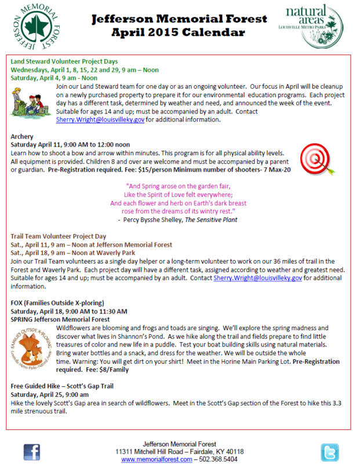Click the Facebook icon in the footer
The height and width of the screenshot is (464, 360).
[32, 451]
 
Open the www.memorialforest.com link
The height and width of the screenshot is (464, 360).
[157, 459]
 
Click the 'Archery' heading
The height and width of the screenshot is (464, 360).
[23, 137]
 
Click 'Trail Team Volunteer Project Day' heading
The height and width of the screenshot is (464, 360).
[59, 236]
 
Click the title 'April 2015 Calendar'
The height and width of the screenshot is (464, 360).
[180, 32]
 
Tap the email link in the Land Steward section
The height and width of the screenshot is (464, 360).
[100, 120]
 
